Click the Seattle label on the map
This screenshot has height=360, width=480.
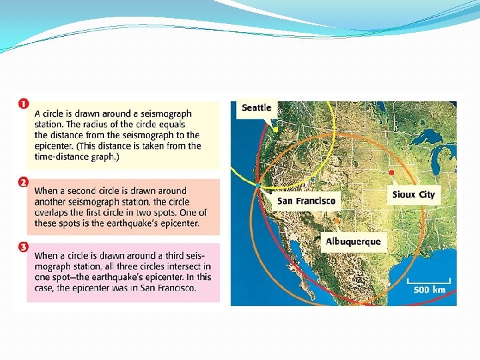(257, 108)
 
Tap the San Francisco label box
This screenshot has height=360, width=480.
(307, 200)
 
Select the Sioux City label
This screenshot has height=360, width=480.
(413, 195)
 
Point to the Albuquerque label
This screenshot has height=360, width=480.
(353, 241)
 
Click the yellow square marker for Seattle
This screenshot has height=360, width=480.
(275, 125)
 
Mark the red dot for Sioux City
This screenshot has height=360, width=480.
(391, 173)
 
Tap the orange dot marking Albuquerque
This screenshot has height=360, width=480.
(337, 221)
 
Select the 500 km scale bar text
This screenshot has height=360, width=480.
(430, 290)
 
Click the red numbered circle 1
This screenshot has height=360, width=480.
(23, 105)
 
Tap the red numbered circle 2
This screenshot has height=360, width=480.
(23, 182)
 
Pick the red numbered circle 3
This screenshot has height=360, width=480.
(23, 247)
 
